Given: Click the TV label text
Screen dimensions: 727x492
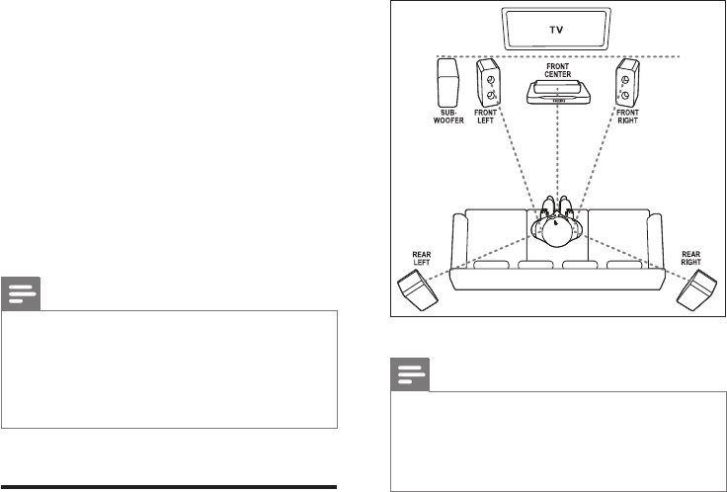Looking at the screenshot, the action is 558,29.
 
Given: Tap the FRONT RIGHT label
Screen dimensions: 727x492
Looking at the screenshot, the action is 628,123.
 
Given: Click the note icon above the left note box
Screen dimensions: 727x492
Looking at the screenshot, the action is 22,294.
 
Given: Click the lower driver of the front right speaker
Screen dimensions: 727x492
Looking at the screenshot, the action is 627,97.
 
